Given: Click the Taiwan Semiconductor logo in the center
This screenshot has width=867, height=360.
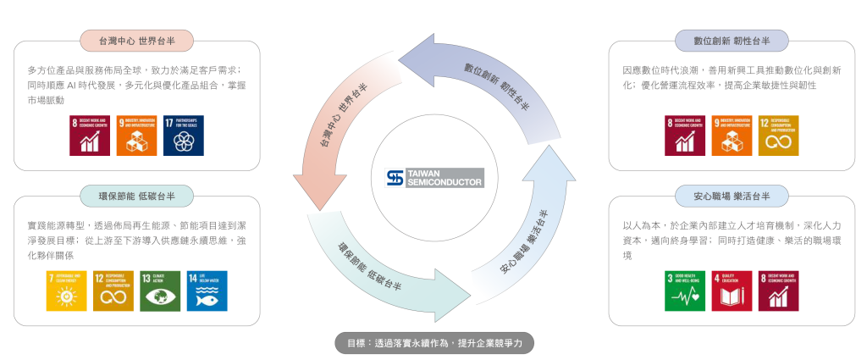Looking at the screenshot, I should (x=433, y=179).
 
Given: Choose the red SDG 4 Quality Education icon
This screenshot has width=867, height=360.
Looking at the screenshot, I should (x=732, y=291).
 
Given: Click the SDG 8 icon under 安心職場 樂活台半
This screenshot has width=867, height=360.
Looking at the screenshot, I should (x=777, y=291).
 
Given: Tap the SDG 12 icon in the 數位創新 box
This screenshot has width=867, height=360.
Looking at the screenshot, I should (x=777, y=136).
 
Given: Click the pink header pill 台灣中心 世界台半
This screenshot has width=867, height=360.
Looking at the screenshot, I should (x=136, y=40).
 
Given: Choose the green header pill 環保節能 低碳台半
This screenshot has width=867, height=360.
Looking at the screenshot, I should (x=136, y=196).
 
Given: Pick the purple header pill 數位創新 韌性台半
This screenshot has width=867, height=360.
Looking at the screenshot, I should (x=731, y=40).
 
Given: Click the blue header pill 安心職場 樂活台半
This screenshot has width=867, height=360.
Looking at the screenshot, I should (x=731, y=196).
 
